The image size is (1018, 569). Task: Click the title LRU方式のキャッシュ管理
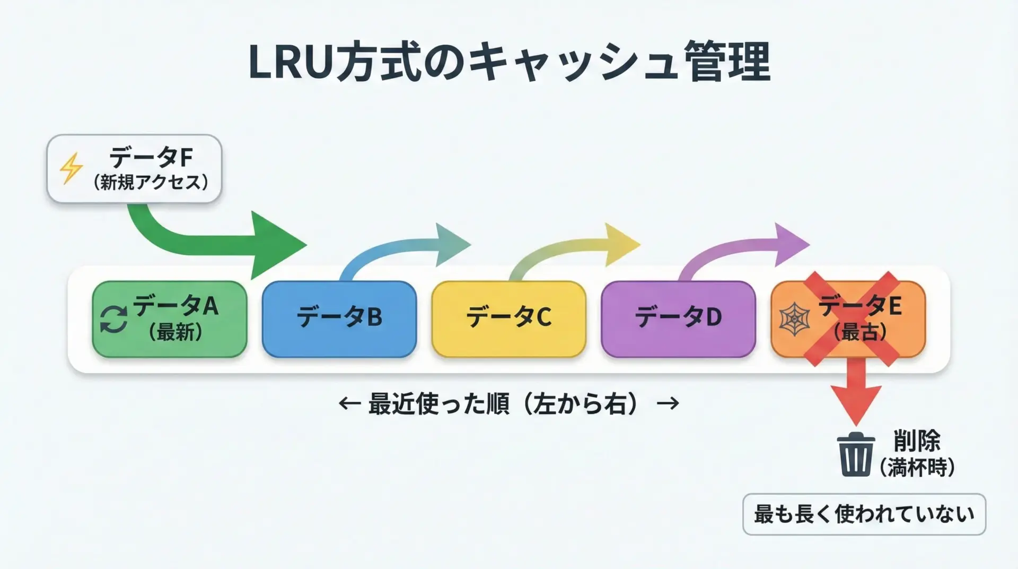(509, 63)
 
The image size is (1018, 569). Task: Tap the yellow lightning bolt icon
(71, 168)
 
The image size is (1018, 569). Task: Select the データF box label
(151, 158)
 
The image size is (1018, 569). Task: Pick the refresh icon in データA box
(113, 320)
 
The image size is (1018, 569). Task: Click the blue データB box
(339, 318)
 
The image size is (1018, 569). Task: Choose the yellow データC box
(508, 318)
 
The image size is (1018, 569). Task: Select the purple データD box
(678, 318)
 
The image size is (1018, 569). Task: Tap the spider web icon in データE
(794, 320)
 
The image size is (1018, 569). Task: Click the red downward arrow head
(856, 403)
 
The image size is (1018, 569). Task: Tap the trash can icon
(855, 455)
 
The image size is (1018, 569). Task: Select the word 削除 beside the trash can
(917, 441)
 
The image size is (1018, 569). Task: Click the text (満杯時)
(917, 468)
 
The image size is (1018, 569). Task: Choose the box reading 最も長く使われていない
(864, 514)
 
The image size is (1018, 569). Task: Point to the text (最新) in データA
(175, 333)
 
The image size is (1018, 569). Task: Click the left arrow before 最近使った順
(349, 404)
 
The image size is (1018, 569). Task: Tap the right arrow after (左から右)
(668, 404)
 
